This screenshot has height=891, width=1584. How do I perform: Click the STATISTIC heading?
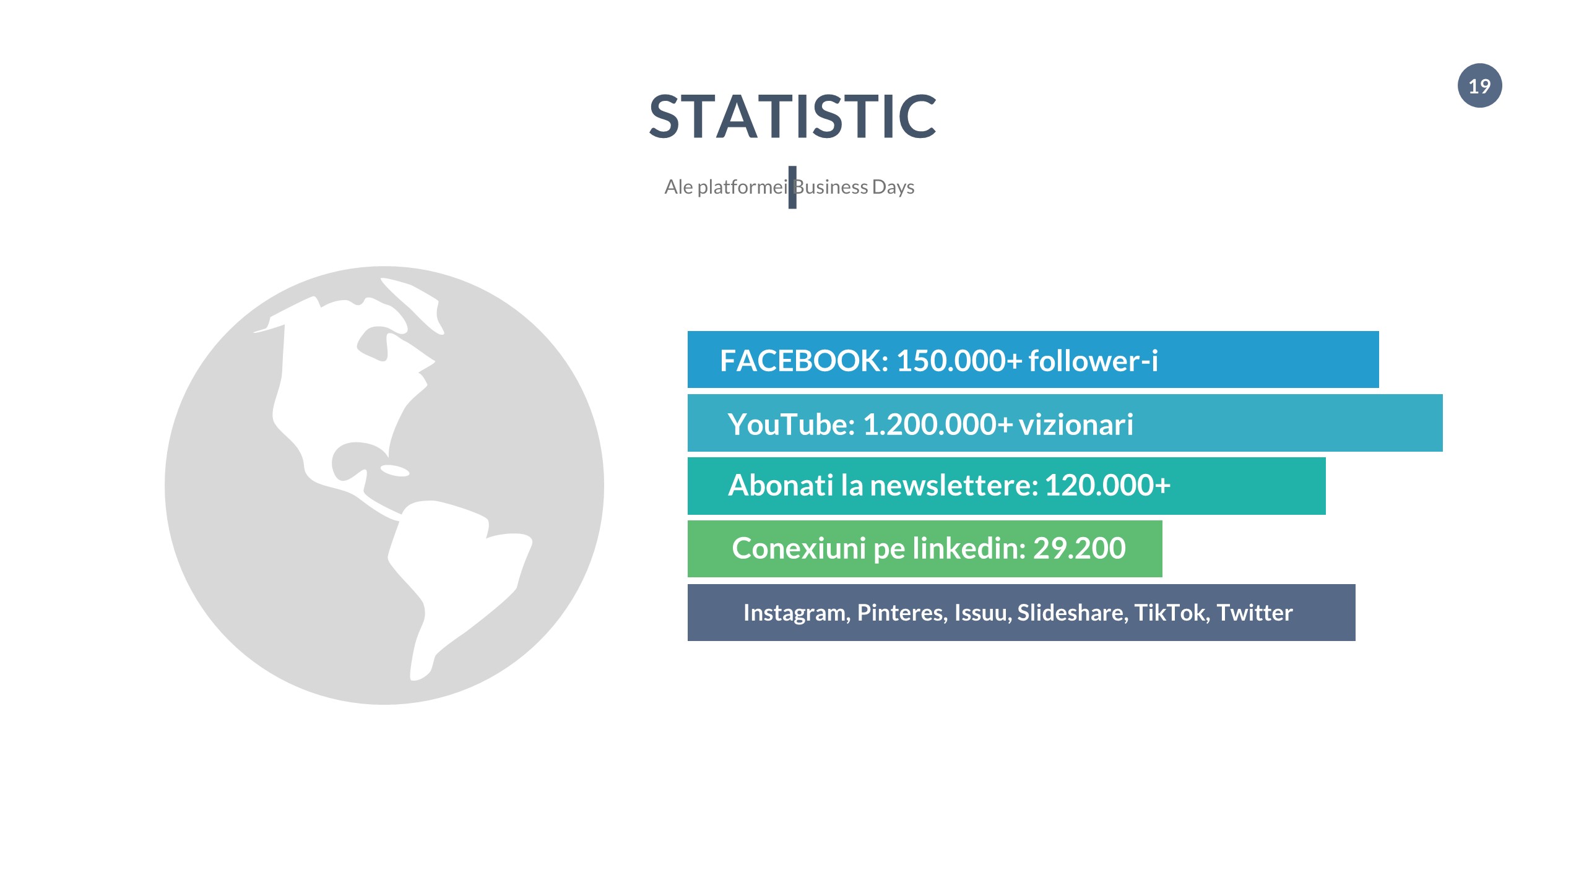[x=792, y=116]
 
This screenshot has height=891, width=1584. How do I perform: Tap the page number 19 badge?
[x=1479, y=85]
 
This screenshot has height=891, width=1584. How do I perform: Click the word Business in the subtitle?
[x=831, y=187]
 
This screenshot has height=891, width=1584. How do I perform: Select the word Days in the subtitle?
[x=893, y=187]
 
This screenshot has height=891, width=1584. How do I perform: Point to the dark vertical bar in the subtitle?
[x=792, y=187]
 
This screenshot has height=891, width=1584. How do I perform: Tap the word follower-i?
[x=1093, y=361]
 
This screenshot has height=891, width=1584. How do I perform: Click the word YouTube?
[x=791, y=424]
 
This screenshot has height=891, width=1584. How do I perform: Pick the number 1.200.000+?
[x=938, y=424]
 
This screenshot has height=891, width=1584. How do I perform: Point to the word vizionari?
[x=1076, y=424]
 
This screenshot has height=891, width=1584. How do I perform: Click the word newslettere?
[x=954, y=485]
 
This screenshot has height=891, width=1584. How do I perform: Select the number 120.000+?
[x=1108, y=485]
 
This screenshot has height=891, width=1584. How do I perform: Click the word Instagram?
[x=797, y=613]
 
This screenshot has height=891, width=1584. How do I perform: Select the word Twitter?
[x=1255, y=613]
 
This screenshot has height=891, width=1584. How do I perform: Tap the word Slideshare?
[x=1073, y=613]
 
